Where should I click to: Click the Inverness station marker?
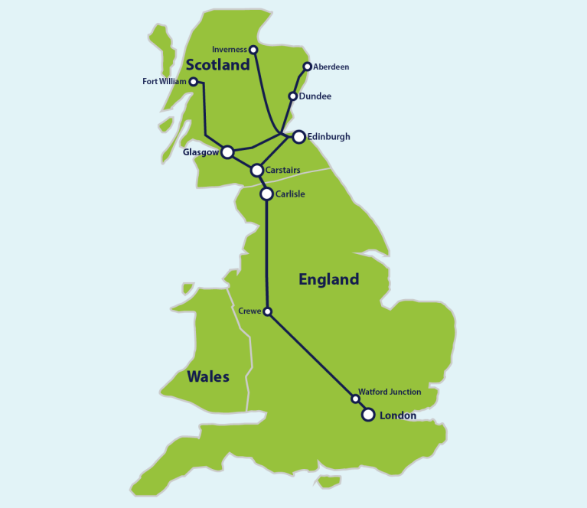tap(254, 50)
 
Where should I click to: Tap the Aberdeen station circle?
tap(308, 67)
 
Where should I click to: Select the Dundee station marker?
tap(292, 96)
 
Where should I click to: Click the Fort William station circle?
tap(194, 81)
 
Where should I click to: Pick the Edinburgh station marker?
tap(299, 137)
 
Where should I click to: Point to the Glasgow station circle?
tap(227, 152)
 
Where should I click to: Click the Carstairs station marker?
tap(257, 170)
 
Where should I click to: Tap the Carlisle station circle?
tap(266, 194)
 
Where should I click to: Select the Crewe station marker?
tap(267, 311)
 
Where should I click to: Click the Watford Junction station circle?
tap(355, 399)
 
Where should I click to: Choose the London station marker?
tap(368, 415)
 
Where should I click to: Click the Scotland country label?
tap(217, 65)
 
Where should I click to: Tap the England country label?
tap(328, 279)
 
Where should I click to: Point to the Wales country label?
tap(208, 376)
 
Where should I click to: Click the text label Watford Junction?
tap(390, 392)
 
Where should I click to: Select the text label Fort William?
tap(165, 81)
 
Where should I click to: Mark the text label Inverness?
tap(230, 50)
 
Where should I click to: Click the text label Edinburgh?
tap(330, 137)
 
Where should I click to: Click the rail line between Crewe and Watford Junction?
tap(311, 355)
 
